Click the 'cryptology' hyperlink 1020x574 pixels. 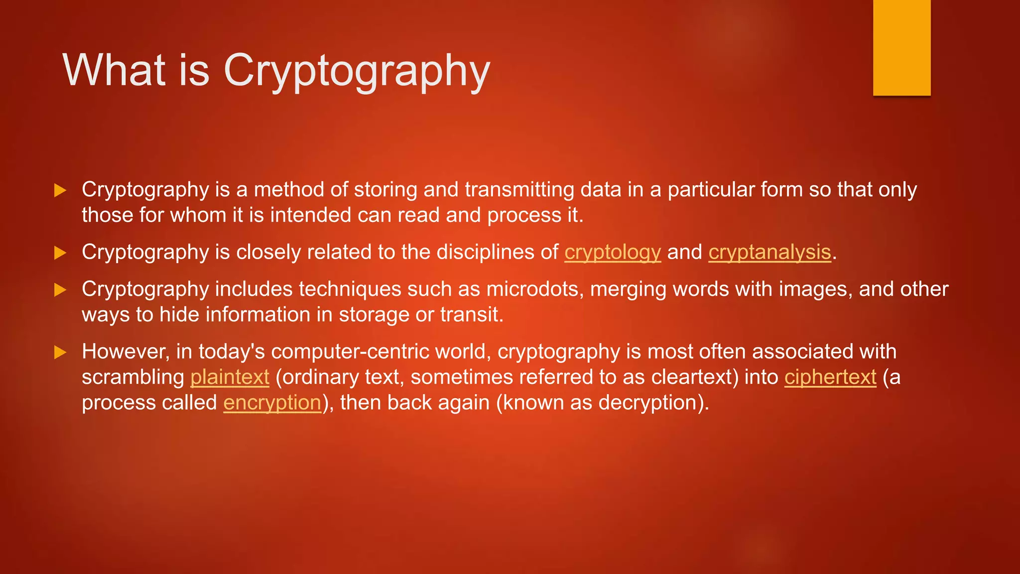pos(612,252)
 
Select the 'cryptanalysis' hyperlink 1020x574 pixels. pos(769,252)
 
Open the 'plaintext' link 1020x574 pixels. pos(230,377)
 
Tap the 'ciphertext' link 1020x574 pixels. pos(830,377)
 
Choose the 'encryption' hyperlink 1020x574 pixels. pos(272,403)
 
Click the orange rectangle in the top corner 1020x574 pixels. pos(901,47)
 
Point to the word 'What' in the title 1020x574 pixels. pos(114,70)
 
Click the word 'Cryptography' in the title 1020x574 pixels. pos(357,71)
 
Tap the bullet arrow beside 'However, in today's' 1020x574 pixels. pos(60,352)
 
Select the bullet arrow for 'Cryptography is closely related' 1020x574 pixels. pos(60,253)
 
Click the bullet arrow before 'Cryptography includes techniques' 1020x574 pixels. pos(60,289)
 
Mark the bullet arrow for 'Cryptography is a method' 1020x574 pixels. pos(60,190)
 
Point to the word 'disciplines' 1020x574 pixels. pos(483,252)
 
